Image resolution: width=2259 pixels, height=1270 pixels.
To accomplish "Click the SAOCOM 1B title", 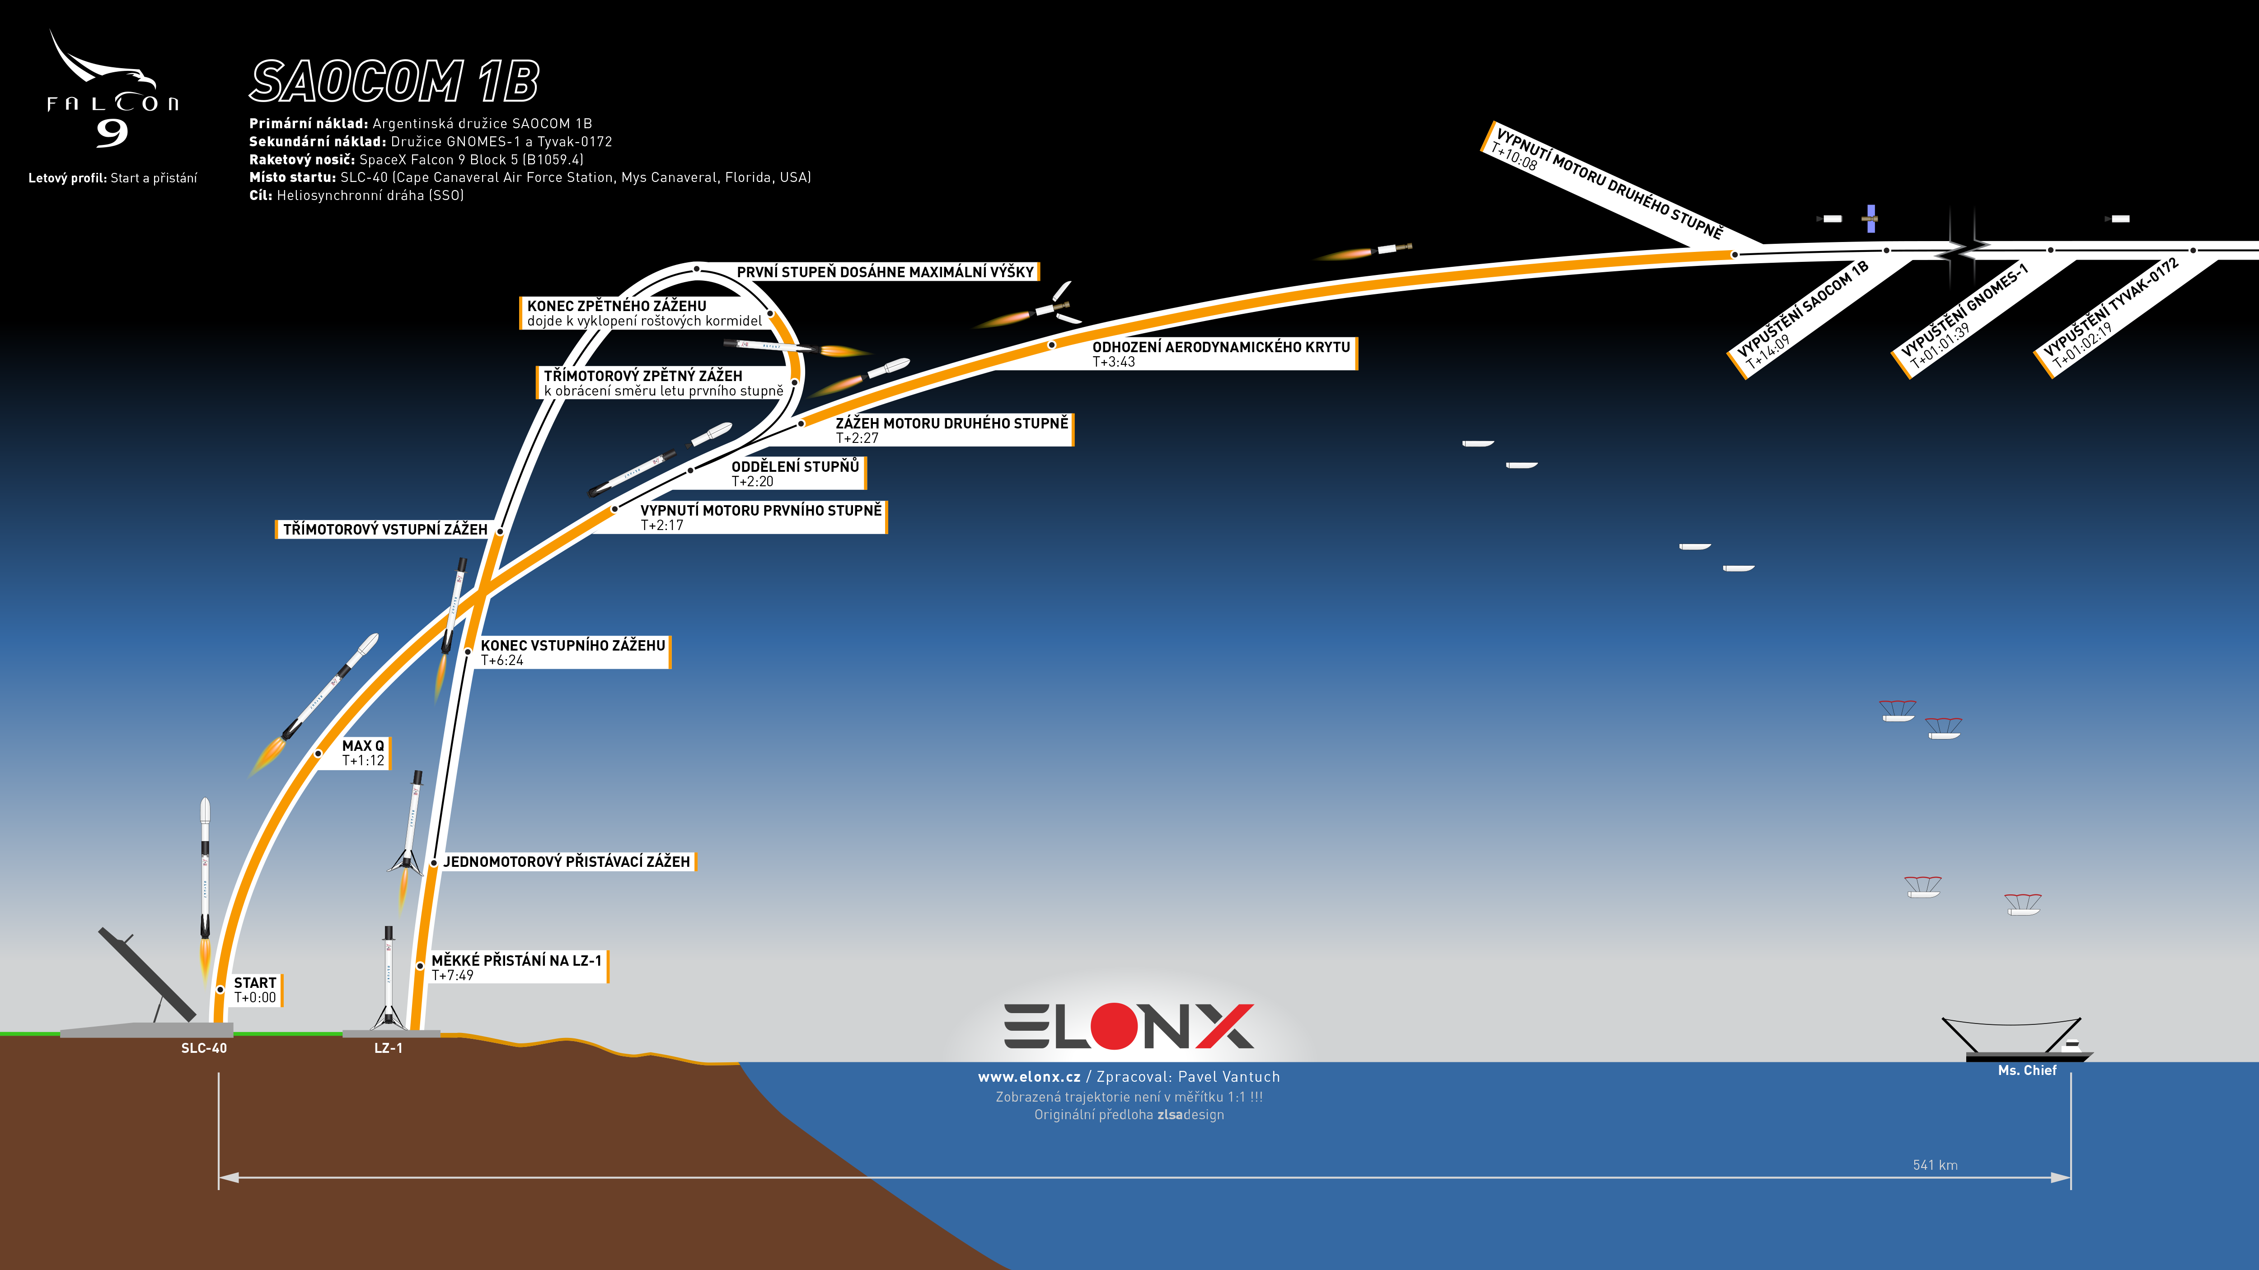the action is (394, 82).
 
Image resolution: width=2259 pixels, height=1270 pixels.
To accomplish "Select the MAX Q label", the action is (363, 753).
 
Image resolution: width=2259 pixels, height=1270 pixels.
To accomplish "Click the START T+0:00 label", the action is (255, 990).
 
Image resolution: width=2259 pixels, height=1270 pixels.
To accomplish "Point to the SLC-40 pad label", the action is (203, 1048).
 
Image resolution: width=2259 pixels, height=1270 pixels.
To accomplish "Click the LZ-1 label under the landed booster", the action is (389, 1048).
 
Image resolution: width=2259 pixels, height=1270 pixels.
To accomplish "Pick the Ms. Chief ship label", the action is (2027, 1070).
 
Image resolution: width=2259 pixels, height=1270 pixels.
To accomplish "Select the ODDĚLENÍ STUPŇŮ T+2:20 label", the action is (795, 473).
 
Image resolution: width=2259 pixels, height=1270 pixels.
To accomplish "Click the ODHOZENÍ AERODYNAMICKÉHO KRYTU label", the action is (1221, 353).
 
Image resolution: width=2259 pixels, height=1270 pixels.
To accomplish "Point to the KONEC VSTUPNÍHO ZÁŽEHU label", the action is (572, 652).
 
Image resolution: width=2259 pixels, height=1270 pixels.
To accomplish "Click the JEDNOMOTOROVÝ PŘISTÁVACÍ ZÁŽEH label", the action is (567, 861).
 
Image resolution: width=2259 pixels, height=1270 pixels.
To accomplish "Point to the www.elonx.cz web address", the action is (1029, 1077).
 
